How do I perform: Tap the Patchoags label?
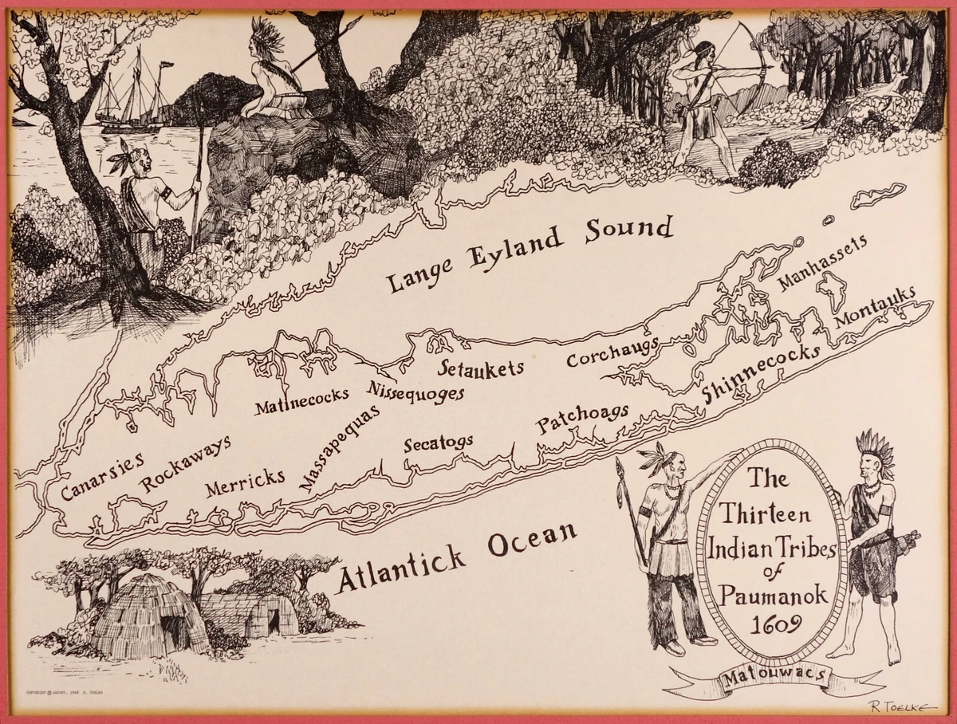(x=582, y=418)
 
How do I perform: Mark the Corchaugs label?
(x=612, y=352)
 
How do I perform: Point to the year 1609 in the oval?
(x=770, y=623)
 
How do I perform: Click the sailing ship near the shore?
(x=132, y=92)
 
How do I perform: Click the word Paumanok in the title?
(x=770, y=593)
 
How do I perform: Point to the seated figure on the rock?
(x=275, y=76)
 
